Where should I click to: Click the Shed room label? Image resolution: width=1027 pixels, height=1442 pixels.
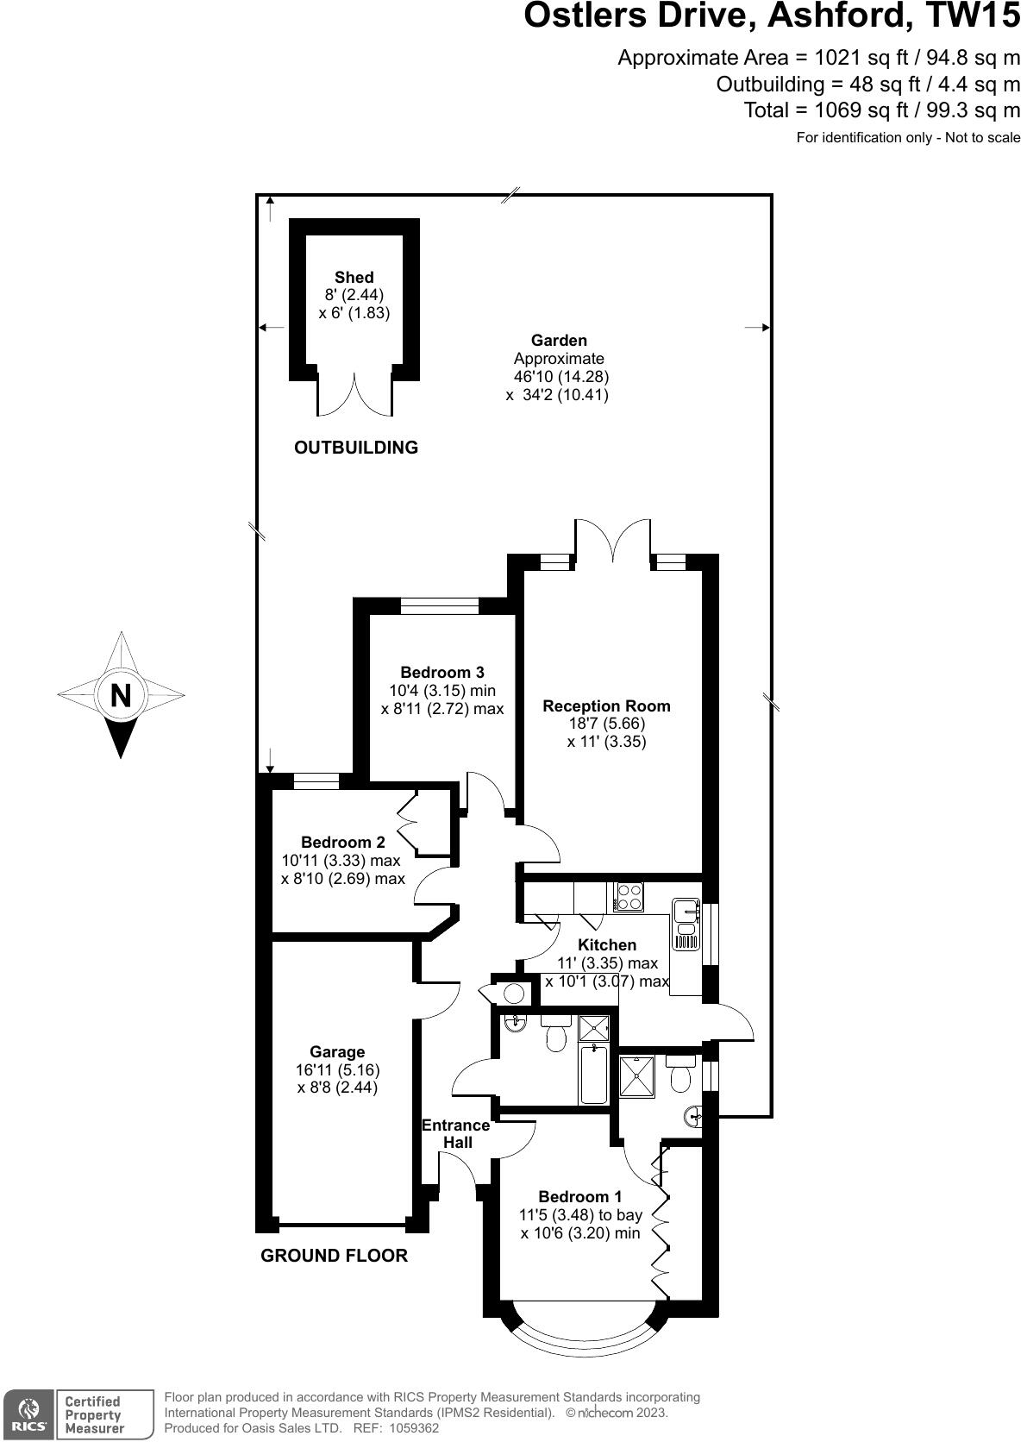pos(354,278)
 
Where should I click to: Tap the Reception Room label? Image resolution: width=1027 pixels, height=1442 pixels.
pos(606,706)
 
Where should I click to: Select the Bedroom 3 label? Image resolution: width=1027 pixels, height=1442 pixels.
pos(442,673)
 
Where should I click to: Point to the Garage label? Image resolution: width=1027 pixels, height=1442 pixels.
pos(337,1052)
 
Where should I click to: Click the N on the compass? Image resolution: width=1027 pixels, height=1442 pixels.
pos(121,695)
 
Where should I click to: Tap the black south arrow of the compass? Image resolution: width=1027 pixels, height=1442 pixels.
pos(121,737)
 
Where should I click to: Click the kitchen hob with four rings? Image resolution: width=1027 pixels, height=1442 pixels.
pos(628,897)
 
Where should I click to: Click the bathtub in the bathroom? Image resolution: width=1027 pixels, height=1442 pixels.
pos(593,1075)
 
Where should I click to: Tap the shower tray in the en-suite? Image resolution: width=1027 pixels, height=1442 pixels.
pos(637,1075)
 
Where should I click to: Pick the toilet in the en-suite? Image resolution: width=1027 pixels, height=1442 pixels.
pos(680,1073)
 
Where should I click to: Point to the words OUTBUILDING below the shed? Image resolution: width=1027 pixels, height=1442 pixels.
pos(356,448)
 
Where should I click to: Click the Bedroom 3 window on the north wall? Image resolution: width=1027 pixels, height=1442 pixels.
pos(440,605)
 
